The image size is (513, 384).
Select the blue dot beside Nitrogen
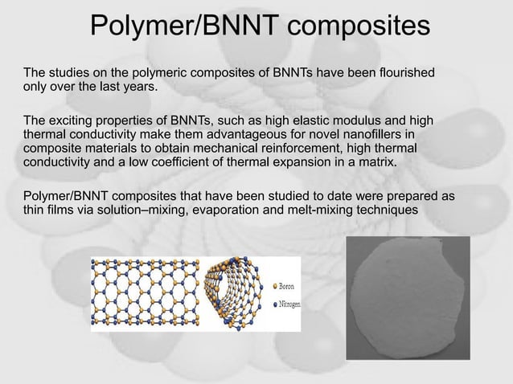pyautogui.click(x=276, y=304)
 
